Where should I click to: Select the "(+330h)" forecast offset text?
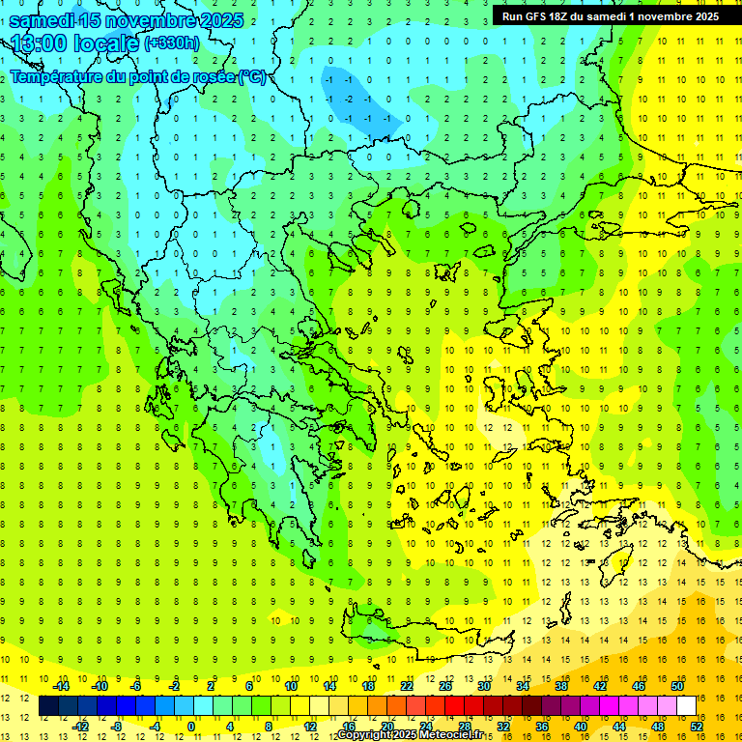coord(172,43)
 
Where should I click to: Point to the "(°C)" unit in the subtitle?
coord(253,76)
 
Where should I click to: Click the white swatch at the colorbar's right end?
coord(687,706)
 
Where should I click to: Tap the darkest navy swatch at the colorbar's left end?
coord(49,706)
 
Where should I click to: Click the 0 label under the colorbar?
coord(190,727)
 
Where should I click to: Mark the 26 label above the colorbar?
coord(445,686)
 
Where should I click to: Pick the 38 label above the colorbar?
coord(561,686)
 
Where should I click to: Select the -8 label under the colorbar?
coord(115,727)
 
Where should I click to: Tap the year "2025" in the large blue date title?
coord(218,20)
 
